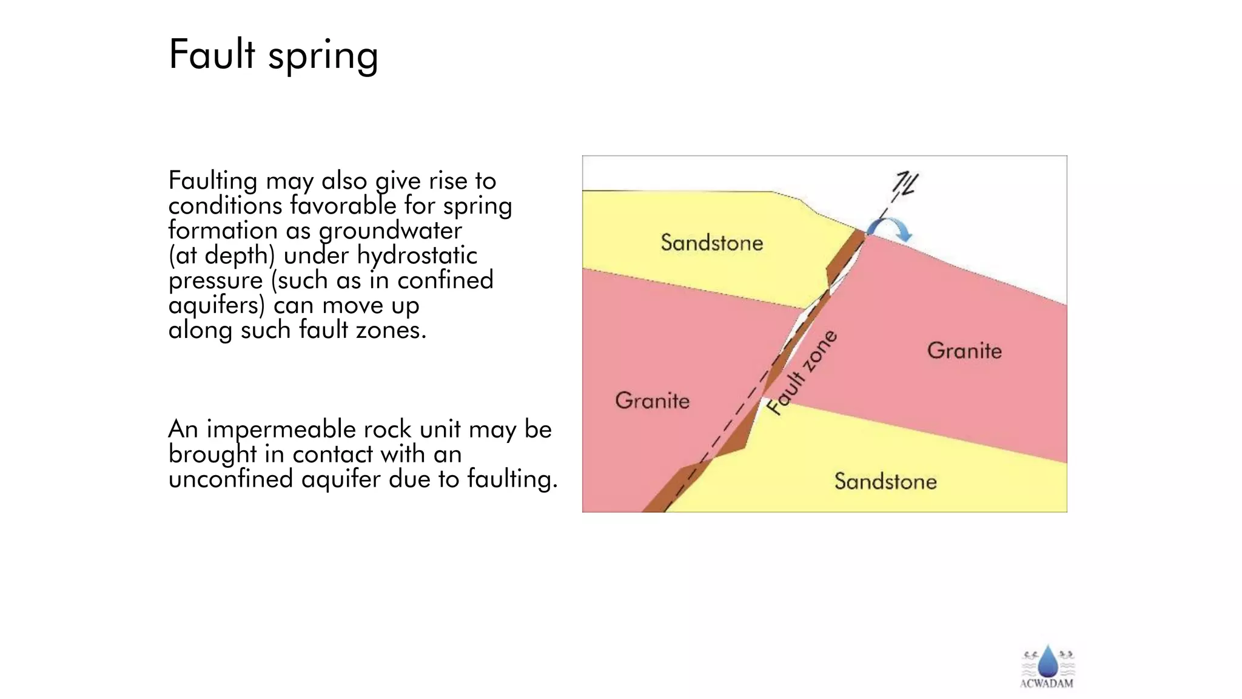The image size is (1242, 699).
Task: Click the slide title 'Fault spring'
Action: tap(274, 55)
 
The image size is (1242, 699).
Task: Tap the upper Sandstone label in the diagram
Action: tap(711, 243)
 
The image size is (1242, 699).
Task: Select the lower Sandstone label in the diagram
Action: tap(885, 481)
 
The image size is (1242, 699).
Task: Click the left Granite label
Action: tap(653, 400)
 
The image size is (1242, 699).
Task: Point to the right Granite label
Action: tap(964, 350)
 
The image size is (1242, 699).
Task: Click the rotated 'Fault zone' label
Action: tap(802, 373)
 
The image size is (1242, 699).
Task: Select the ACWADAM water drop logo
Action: tap(1047, 661)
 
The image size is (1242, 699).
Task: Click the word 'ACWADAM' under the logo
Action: tap(1047, 683)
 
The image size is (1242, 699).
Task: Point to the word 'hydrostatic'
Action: tap(417, 255)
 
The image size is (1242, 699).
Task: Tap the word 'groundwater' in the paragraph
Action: tap(390, 231)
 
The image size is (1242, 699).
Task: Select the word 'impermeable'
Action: tap(281, 430)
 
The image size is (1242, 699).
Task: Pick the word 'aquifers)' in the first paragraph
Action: tap(217, 305)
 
